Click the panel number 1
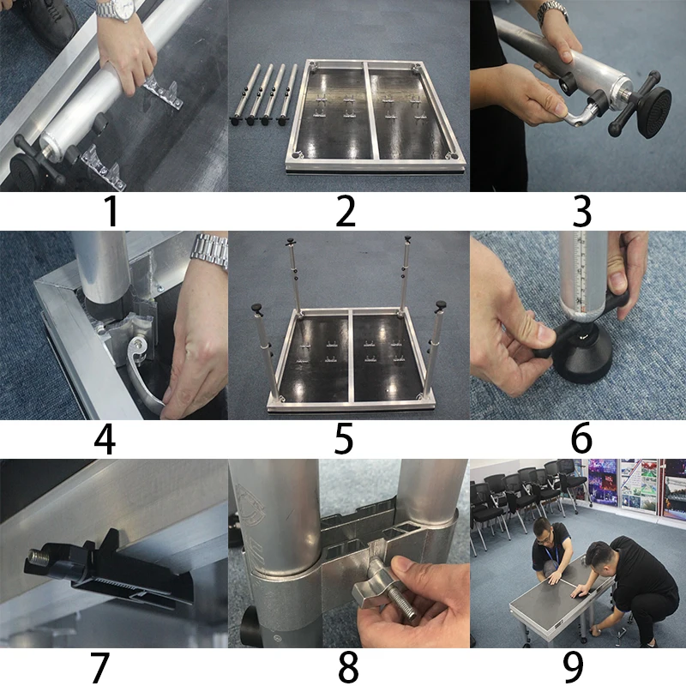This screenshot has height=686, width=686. (x=112, y=211)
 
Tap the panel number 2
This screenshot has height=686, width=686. (x=346, y=211)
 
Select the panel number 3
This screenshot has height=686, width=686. (x=582, y=211)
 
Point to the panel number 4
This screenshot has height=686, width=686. (x=105, y=439)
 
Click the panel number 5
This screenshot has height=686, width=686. (x=344, y=439)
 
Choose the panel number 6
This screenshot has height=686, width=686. (x=582, y=439)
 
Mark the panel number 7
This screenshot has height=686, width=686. (x=99, y=667)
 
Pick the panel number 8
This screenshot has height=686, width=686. (x=348, y=667)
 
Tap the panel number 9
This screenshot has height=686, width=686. (x=573, y=667)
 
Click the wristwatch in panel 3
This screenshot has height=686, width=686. (x=552, y=12)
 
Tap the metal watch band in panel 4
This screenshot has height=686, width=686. (x=210, y=251)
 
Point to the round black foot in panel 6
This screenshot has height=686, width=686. (x=582, y=358)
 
